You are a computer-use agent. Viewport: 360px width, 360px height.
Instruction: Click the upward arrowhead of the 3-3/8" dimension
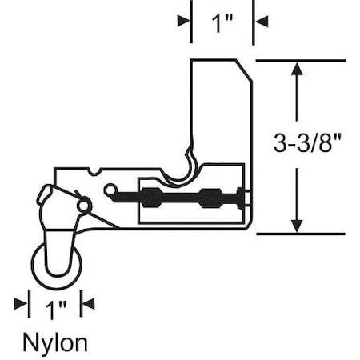297,69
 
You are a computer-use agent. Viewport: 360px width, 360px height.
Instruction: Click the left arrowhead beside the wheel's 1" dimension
21,303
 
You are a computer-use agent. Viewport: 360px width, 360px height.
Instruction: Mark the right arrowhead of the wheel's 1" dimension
88,303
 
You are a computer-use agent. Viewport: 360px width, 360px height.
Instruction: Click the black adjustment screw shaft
184,197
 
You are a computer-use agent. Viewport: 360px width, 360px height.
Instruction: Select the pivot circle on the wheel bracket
82,206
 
